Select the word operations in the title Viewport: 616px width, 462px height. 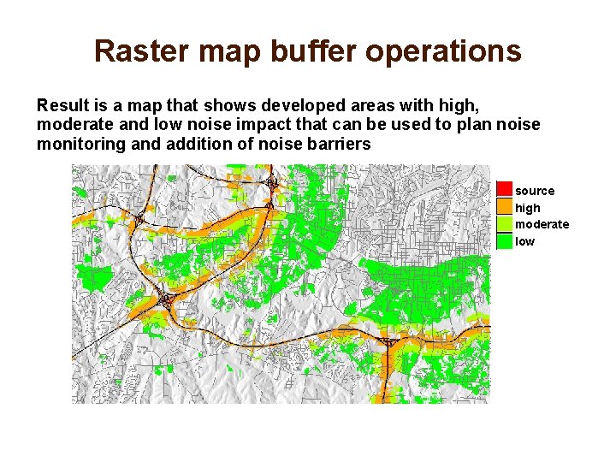[x=442, y=51]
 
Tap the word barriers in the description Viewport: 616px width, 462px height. [x=341, y=145]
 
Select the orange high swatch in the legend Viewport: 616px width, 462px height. [x=505, y=207]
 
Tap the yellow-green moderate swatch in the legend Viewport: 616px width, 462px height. [x=505, y=224]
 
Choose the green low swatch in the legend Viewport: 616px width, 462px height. [x=505, y=241]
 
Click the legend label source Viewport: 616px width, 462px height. [x=535, y=191]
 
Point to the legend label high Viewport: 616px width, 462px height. [x=528, y=208]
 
